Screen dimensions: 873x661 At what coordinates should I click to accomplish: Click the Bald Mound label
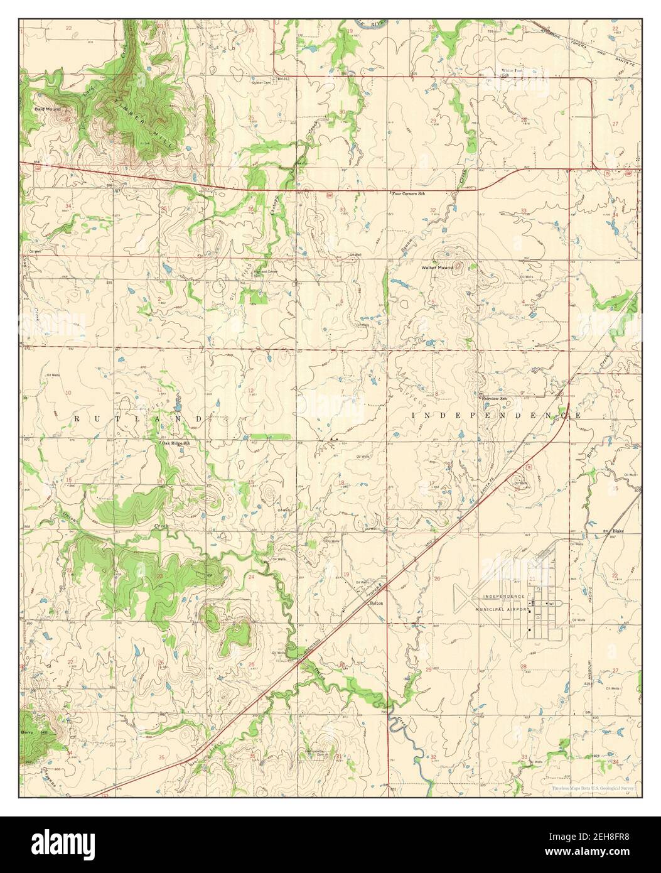[47, 109]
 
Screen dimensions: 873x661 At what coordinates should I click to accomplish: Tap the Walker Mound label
[437, 268]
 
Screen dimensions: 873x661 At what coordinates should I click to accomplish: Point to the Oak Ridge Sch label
[175, 443]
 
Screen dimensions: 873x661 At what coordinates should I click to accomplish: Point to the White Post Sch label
[511, 72]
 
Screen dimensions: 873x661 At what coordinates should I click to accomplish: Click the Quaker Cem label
[261, 82]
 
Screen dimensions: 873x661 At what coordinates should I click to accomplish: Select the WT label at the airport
[552, 604]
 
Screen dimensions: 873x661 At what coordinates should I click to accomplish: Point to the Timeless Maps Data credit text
[593, 788]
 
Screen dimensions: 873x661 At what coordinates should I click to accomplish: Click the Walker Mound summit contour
[456, 266]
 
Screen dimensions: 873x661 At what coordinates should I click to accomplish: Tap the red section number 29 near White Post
[433, 121]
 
